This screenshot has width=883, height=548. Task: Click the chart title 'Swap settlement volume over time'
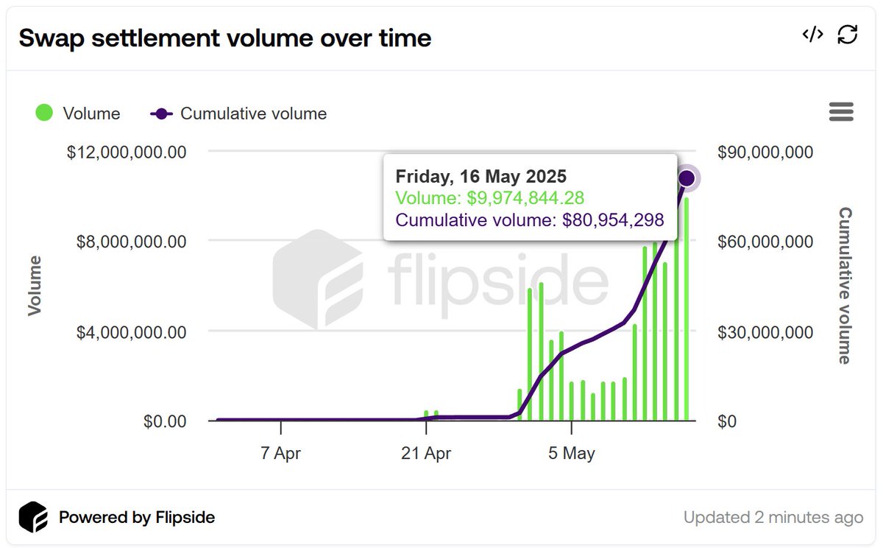(224, 38)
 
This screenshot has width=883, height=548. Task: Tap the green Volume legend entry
(78, 113)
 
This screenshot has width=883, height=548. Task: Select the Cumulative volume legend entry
(238, 113)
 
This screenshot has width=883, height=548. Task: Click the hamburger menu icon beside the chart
(841, 112)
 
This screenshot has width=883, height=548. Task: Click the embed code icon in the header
(812, 35)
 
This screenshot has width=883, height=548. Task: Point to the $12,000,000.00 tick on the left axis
(127, 152)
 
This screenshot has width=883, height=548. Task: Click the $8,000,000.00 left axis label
(132, 242)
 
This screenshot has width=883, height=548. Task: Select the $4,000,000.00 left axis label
(132, 331)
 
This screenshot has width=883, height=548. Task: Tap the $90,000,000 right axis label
(765, 152)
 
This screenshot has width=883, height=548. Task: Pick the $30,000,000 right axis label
(765, 332)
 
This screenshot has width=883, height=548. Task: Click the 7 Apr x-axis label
(281, 453)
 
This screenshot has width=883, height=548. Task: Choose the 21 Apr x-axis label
(426, 453)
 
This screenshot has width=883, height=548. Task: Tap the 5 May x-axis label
(572, 453)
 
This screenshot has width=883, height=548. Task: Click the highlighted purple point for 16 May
(687, 178)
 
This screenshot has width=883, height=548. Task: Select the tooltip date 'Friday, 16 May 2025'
(481, 177)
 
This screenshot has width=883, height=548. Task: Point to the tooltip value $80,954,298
(614, 219)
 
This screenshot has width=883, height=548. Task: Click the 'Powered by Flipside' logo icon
(33, 517)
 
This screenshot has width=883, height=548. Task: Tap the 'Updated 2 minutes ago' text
(773, 517)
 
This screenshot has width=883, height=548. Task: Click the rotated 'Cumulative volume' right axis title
(845, 286)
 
